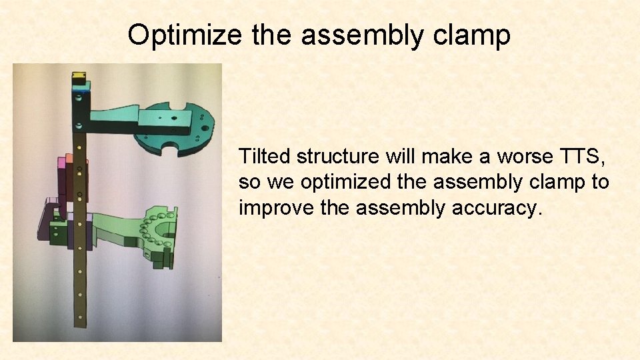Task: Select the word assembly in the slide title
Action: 361,35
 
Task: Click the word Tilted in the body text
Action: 265,157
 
